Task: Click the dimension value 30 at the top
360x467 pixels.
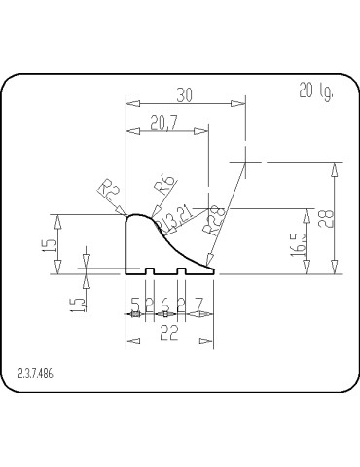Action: (184, 94)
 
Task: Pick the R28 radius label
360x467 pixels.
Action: (215, 221)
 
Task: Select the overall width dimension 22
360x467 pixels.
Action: (168, 332)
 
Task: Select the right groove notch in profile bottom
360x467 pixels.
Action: (181, 271)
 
